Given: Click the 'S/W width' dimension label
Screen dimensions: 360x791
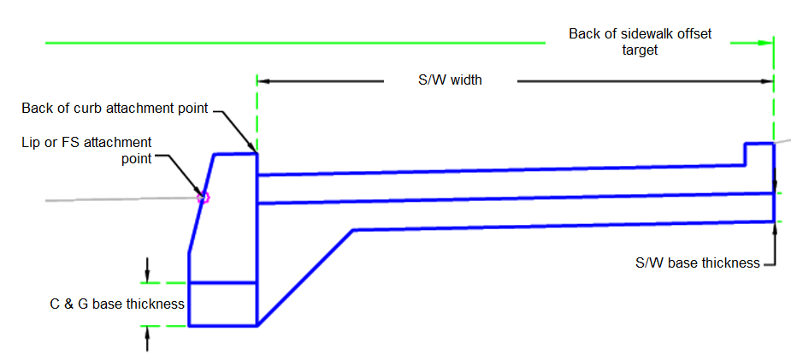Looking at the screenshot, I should pyautogui.click(x=450, y=80).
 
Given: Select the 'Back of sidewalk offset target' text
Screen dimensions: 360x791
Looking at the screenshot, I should pyautogui.click(x=640, y=42).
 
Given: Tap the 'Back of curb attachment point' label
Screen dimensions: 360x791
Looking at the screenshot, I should pyautogui.click(x=115, y=108).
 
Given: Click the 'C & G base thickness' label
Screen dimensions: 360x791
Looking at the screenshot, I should pyautogui.click(x=117, y=304).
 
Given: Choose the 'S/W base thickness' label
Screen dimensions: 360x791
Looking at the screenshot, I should pyautogui.click(x=697, y=263).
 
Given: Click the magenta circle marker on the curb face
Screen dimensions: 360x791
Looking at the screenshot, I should pyautogui.click(x=204, y=198).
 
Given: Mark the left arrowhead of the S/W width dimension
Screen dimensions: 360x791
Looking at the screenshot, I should pyautogui.click(x=264, y=81).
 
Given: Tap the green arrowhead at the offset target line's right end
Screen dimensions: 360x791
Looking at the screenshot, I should pyautogui.click(x=764, y=41).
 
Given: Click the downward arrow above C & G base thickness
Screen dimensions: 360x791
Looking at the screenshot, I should pyautogui.click(x=148, y=275).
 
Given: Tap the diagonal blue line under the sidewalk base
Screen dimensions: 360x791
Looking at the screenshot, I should pyautogui.click(x=305, y=277).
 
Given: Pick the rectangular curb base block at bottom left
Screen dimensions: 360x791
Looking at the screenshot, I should pyautogui.click(x=222, y=304).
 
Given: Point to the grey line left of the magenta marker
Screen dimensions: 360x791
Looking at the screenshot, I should pyautogui.click(x=120, y=199).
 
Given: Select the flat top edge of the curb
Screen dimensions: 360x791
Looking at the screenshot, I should pyautogui.click(x=235, y=154).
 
